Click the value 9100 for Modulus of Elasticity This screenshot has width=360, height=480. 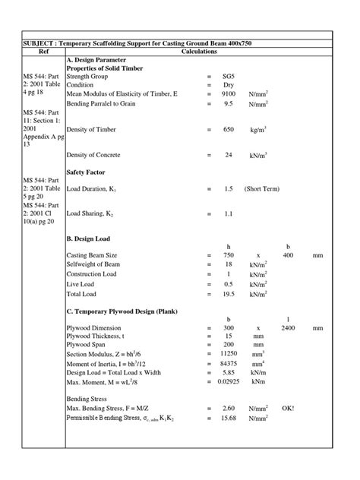coord(229,94)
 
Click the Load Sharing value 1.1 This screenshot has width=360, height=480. coord(229,215)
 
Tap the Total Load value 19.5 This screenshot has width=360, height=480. coord(229,294)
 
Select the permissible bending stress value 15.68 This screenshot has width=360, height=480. coord(229,419)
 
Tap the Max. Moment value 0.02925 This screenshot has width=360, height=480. coord(229,384)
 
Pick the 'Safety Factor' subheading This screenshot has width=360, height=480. coord(86,172)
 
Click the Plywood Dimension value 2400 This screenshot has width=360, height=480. coord(288,328)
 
